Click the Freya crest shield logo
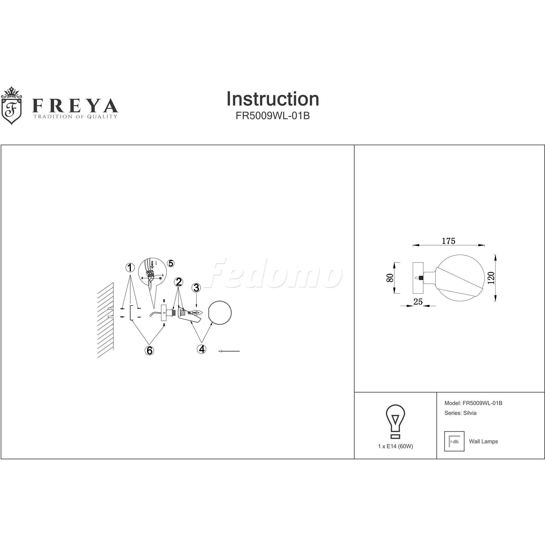coord(11,105)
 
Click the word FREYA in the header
coord(75,106)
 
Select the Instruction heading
coord(273,99)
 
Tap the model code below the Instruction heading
coord(273,116)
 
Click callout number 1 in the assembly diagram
coord(130,267)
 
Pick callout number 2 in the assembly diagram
coord(178,281)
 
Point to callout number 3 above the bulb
coord(196,288)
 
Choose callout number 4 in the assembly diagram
coord(202,349)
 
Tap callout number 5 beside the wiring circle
coord(171,263)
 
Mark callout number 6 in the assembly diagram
coord(150,351)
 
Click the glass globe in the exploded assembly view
coord(220,313)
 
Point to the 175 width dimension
coord(449,241)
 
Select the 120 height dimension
coord(491,278)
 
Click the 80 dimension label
coord(390,278)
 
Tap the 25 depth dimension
coord(418,302)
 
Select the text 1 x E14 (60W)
coord(395,447)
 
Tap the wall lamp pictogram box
coord(455,441)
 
